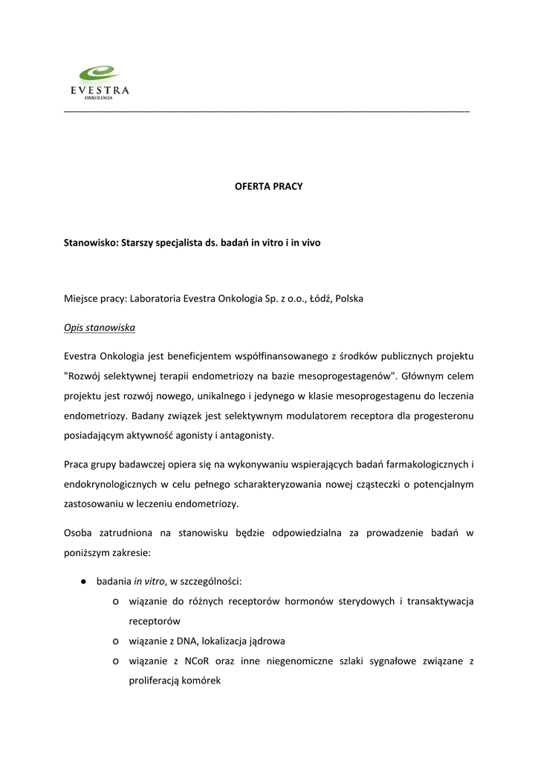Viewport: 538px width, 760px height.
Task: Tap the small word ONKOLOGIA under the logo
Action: [99, 97]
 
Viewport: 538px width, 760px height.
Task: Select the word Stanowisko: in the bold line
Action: [91, 243]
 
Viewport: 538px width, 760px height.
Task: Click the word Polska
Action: [349, 298]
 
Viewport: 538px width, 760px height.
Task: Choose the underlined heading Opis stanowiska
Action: [100, 327]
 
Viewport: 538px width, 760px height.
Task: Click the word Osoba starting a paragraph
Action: [79, 533]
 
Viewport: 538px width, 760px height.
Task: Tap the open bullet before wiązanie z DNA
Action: [117, 641]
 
